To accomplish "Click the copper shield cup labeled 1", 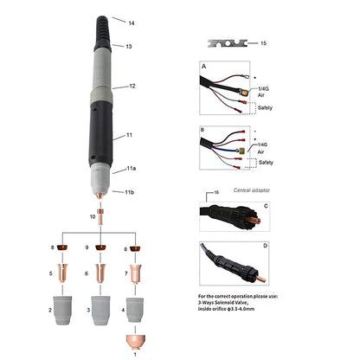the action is coord(135,342).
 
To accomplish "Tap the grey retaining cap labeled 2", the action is coord(62,310).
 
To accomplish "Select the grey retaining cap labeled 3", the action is coord(100,310).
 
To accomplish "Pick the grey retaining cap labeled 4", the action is coord(135,310).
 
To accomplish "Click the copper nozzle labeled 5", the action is coord(62,273).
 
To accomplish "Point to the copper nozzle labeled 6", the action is coord(100,273).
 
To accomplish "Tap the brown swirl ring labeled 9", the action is coord(100,247).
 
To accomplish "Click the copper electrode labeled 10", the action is coord(100,217).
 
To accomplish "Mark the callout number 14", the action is coord(132,23).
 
